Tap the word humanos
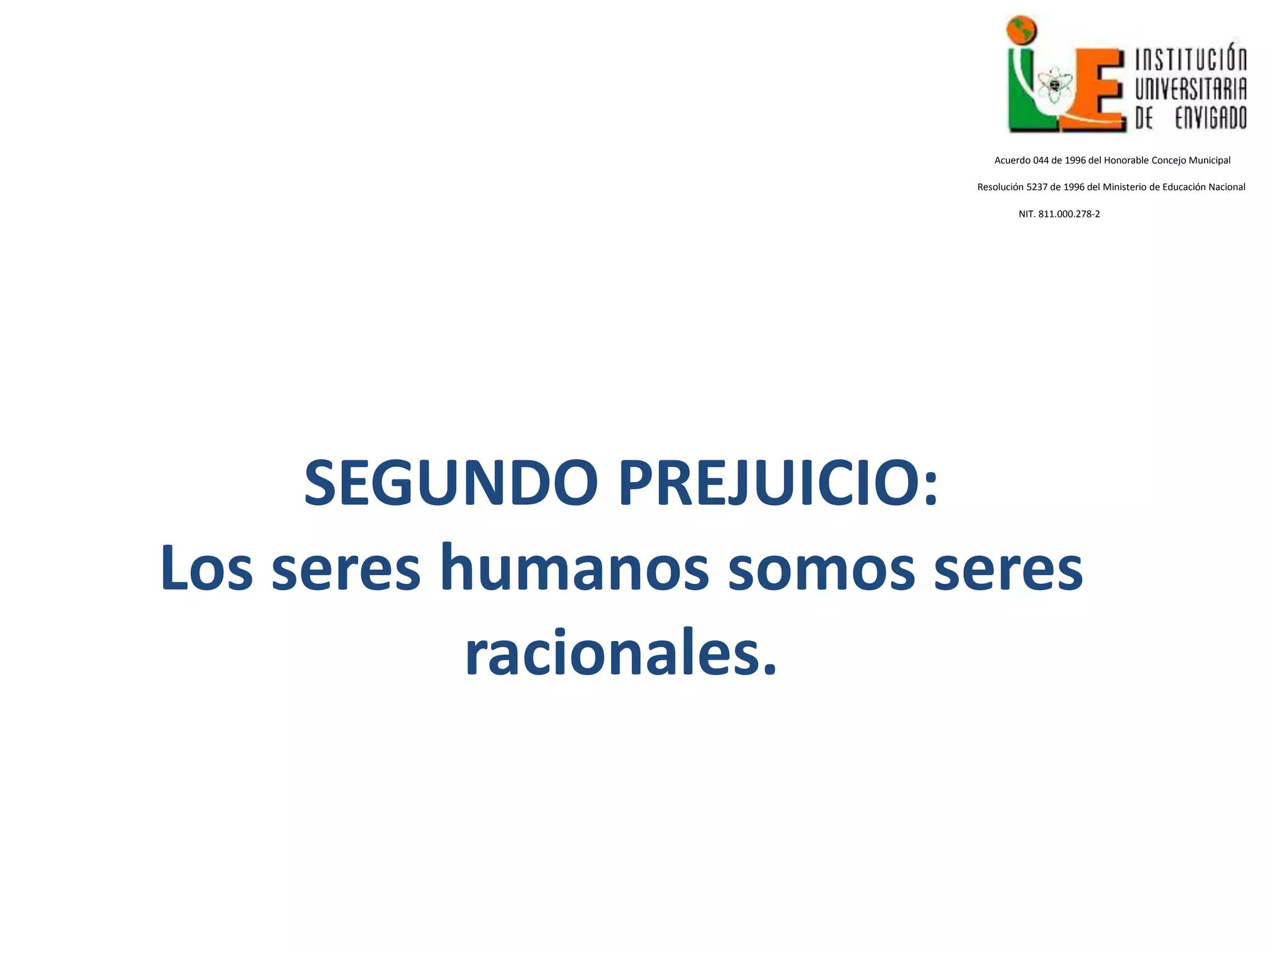coord(574,569)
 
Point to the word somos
coord(821,569)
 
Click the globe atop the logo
coord(1023,30)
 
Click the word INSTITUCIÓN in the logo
coord(1191,61)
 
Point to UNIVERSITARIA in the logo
coord(1191,89)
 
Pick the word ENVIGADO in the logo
coord(1210,118)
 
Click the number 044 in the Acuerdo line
coord(1041,160)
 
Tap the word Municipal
coord(1210,160)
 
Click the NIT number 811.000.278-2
coord(1069,214)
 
